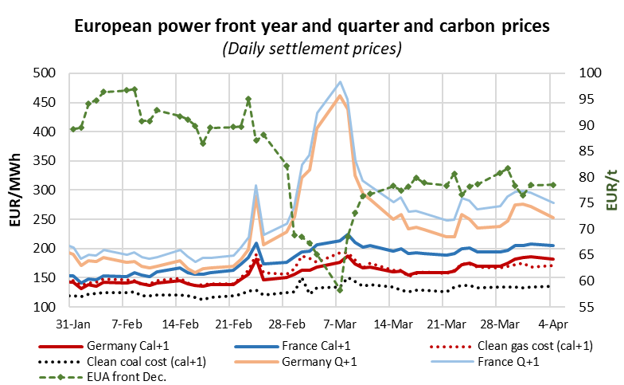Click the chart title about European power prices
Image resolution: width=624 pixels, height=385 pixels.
311,26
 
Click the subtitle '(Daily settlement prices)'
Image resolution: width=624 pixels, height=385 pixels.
311,49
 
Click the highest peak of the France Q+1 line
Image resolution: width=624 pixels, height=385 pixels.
340,81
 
